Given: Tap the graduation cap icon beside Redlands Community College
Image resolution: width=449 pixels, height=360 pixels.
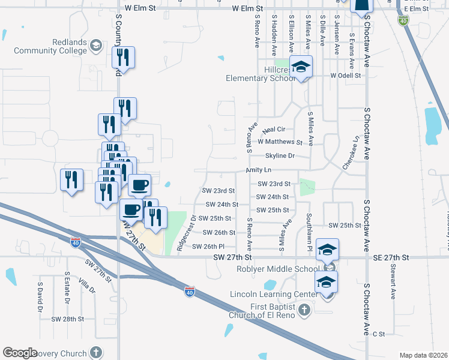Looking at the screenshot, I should coord(95,46).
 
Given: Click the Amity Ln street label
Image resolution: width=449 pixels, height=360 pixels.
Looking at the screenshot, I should coord(259,170).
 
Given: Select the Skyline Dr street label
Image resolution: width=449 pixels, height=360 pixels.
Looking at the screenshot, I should coord(280,155).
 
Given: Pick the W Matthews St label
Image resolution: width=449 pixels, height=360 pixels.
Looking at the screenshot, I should coord(280,142).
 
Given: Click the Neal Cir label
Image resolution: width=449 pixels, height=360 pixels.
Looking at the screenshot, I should coord(273,130).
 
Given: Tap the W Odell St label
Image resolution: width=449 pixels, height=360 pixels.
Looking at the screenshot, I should coord(345,76).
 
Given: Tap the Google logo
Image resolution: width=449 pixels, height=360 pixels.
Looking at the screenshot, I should coord(20,353).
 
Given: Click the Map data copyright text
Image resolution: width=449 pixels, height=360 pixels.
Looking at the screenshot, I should coord(423,355).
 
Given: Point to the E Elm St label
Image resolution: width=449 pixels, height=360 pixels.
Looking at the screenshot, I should coord(417,9).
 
